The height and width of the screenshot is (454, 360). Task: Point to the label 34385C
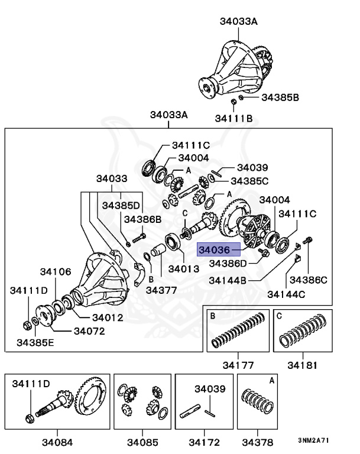(x=250, y=181)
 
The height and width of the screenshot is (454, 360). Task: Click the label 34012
(x=107, y=317)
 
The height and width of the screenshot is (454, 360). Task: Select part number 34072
(x=89, y=330)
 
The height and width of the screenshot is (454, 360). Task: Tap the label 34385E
(x=35, y=342)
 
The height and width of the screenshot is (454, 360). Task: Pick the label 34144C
(x=286, y=293)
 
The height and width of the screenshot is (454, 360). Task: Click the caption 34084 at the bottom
(x=57, y=442)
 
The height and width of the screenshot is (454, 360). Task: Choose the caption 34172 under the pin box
(x=204, y=442)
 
